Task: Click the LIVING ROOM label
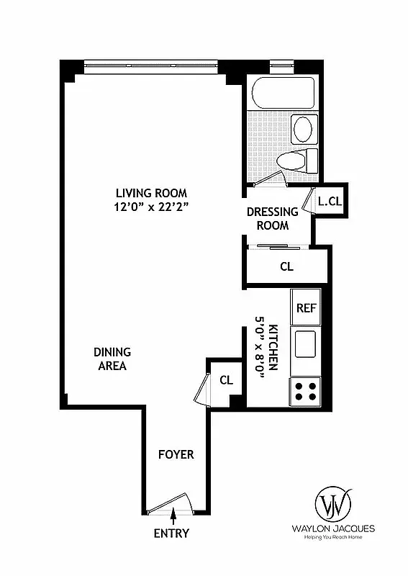[x=151, y=193]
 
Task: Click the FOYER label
[x=176, y=455]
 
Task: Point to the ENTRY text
[x=171, y=534]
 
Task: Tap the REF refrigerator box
[x=307, y=307]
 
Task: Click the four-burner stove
[x=305, y=391]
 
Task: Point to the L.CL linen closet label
[x=330, y=202]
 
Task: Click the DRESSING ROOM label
[x=272, y=218]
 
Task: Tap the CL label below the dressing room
[x=286, y=266]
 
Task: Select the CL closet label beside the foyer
[x=226, y=380]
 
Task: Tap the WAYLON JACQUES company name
[x=333, y=528]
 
